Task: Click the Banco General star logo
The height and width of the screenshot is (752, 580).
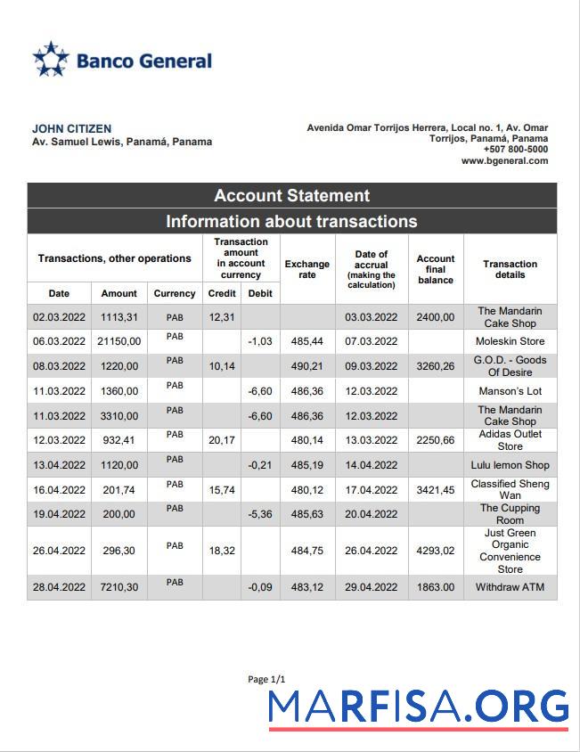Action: (51, 60)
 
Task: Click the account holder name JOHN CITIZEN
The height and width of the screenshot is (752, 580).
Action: (72, 129)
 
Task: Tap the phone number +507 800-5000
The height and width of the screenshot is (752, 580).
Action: (516, 150)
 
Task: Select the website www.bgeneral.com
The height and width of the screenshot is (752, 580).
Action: (504, 161)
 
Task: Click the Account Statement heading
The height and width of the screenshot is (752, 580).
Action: (291, 196)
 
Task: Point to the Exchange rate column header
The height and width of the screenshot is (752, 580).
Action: (307, 269)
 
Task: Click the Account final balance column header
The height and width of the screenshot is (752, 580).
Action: (436, 269)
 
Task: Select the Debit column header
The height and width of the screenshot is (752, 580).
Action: (260, 293)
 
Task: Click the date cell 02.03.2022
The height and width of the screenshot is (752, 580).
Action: (59, 317)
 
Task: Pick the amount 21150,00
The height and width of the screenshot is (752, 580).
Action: (118, 341)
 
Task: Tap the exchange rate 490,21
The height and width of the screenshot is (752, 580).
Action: (307, 366)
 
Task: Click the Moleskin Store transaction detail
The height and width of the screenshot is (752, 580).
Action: (510, 341)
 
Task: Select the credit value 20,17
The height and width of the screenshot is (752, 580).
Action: (222, 440)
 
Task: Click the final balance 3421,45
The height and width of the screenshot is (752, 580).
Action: (436, 489)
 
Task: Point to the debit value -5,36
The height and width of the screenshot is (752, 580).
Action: (260, 514)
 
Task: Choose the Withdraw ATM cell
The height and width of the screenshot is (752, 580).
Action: (510, 587)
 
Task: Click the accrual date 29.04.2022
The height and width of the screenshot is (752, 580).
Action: (372, 587)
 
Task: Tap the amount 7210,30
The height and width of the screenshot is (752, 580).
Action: (118, 587)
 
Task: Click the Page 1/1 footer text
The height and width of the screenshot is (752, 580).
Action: (266, 680)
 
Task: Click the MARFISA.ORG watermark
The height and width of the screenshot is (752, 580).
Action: (419, 708)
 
